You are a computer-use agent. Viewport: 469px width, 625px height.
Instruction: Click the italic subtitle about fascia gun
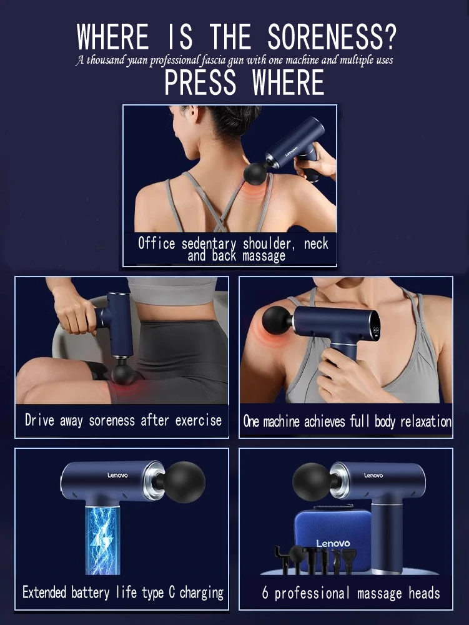(234, 61)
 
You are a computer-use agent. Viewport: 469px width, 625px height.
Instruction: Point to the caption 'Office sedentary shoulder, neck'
(233, 244)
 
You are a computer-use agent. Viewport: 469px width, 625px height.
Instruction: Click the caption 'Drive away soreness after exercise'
(123, 420)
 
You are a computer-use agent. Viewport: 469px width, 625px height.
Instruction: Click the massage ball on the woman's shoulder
(275, 320)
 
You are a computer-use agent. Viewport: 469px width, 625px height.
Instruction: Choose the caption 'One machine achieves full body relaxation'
(347, 421)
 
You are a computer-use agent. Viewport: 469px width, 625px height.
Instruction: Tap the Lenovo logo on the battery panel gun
(117, 476)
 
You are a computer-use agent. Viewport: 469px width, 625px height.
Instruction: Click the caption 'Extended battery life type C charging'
(123, 592)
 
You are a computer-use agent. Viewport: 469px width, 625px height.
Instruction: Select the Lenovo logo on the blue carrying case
(333, 543)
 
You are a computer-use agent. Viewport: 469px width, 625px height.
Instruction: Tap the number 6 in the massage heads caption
(265, 593)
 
